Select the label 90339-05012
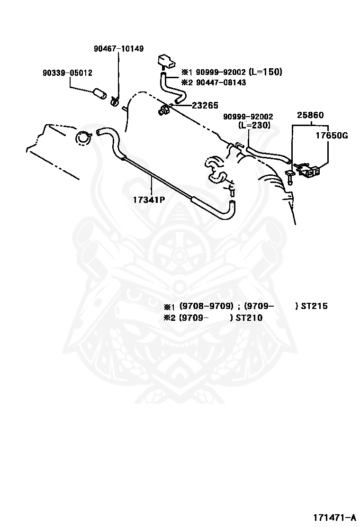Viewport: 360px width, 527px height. (67, 73)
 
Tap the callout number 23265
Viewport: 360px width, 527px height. (205, 106)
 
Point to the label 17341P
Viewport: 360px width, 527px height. (149, 200)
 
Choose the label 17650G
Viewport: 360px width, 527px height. (332, 136)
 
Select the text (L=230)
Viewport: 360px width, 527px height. (254, 126)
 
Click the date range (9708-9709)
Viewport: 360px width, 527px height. (207, 306)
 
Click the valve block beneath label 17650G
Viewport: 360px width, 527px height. (310, 171)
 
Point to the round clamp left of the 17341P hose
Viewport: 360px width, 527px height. (83, 137)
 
